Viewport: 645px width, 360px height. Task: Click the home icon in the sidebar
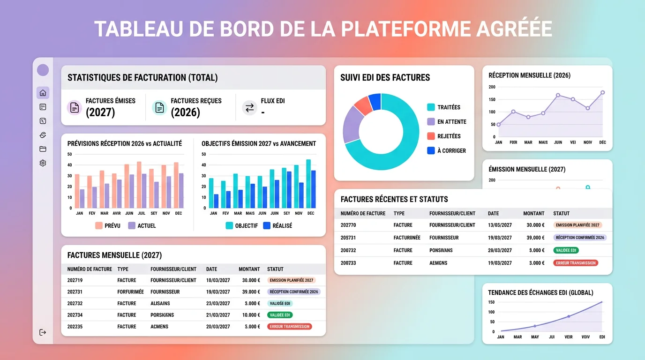tap(43, 93)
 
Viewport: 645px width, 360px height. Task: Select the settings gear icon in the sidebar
tap(43, 163)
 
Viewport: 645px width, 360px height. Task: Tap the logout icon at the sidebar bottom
tap(43, 332)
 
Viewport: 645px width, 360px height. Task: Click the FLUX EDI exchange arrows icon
tap(249, 108)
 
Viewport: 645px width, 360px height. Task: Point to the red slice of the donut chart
tap(363, 105)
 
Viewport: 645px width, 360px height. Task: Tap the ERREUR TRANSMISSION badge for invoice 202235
tap(289, 327)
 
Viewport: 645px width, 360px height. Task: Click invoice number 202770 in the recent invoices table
tap(348, 225)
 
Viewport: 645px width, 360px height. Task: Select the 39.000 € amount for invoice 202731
tap(249, 292)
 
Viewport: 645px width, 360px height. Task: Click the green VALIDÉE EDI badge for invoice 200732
tap(566, 250)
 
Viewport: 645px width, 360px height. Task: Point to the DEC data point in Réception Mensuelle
tap(602, 93)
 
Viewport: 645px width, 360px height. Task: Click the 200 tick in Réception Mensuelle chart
tap(492, 87)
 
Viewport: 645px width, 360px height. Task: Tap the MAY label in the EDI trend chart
tap(535, 337)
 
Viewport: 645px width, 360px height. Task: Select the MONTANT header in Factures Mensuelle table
tap(249, 269)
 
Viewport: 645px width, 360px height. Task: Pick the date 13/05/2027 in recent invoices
tap(500, 225)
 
